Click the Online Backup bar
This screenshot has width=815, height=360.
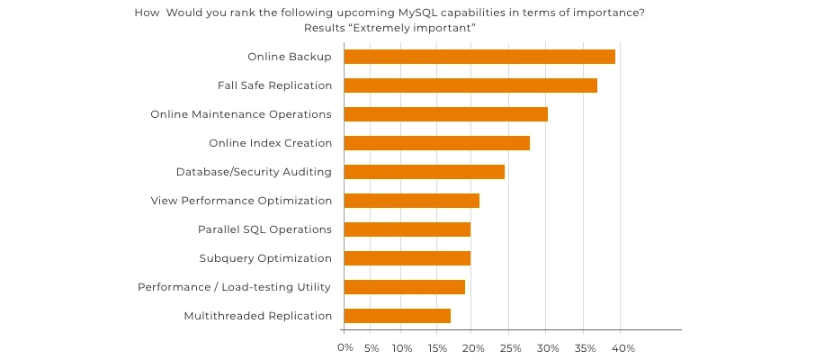(x=479, y=57)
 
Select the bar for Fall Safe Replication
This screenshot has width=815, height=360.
(x=470, y=85)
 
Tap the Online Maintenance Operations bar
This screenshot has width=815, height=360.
(x=445, y=114)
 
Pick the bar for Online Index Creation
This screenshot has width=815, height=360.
(x=436, y=143)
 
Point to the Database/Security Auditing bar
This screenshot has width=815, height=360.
(x=424, y=172)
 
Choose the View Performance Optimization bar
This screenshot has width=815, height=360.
(x=411, y=201)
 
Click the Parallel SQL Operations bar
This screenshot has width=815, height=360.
(x=407, y=229)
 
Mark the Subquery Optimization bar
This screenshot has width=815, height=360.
(x=407, y=258)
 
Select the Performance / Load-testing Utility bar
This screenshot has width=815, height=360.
(x=404, y=287)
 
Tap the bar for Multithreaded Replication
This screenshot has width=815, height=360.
(x=397, y=316)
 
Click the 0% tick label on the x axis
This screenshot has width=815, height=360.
(x=345, y=347)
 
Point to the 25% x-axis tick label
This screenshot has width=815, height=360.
(x=508, y=347)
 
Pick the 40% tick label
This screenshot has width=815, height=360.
(x=624, y=347)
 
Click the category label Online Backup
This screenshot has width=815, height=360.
(x=290, y=57)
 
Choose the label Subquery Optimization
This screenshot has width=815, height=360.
(x=265, y=258)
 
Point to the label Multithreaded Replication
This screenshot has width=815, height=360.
(x=258, y=316)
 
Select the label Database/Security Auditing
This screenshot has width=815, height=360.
(x=254, y=172)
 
